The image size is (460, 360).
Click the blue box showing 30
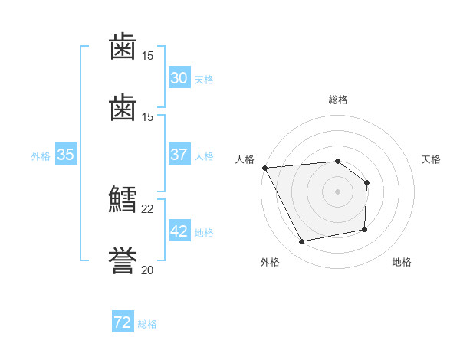tap(179, 77)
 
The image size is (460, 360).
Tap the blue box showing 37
tap(179, 154)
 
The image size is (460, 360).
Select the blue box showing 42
tap(179, 230)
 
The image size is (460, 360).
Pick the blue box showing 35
tap(66, 154)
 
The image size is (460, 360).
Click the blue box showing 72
tap(123, 321)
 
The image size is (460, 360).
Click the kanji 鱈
tap(123, 198)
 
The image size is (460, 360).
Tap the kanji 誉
tap(123, 260)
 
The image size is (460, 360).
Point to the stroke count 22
tap(147, 209)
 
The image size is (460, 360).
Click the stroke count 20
tap(147, 270)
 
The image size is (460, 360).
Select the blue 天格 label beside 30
tap(204, 80)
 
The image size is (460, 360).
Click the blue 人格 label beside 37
tap(204, 156)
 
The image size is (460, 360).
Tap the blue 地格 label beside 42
tap(204, 233)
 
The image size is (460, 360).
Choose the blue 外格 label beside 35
tap(41, 156)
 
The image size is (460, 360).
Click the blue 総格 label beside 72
tap(147, 324)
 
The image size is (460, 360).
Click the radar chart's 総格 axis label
tap(338, 100)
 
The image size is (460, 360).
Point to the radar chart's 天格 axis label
tap(431, 159)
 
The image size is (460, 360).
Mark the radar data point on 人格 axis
tap(265, 168)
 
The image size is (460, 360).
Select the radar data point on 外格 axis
tap(301, 241)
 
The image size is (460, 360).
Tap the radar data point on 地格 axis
tap(365, 229)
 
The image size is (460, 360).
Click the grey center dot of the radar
tap(337, 191)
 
